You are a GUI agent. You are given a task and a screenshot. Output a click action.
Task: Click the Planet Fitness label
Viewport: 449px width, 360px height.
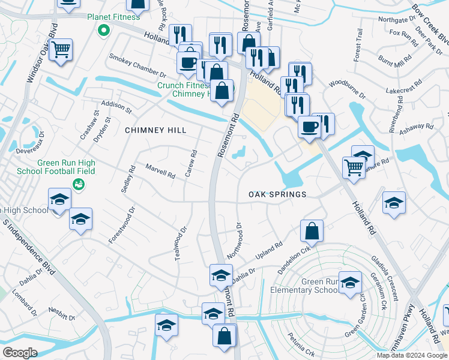click(x=113, y=17)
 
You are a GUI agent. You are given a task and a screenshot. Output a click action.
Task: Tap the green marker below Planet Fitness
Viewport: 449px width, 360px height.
click(x=104, y=29)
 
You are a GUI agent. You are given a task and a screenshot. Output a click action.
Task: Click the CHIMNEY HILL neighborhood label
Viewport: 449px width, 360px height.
click(x=155, y=130)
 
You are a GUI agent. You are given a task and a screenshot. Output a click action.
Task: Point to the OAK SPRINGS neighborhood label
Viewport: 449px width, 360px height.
click(x=277, y=194)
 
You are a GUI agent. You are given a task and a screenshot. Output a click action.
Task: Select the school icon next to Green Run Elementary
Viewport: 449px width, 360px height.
click(x=350, y=283)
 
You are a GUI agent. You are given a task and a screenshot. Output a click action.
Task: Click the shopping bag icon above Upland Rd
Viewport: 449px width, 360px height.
click(x=312, y=230)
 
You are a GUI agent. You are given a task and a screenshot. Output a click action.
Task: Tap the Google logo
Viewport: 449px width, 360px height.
click(x=19, y=352)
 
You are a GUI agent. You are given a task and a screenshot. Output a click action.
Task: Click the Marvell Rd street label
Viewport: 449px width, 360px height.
click(x=160, y=172)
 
